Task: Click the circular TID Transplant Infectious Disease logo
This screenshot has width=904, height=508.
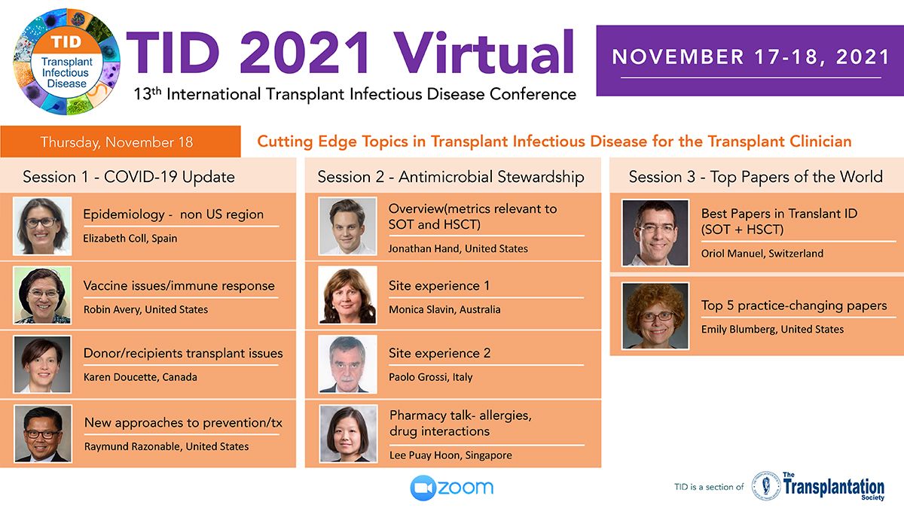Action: point(66,62)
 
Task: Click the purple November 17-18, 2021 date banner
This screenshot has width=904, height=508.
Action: point(750,60)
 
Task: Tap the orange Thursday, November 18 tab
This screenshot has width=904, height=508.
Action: point(121,141)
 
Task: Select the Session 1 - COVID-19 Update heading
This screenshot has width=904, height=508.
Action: point(129,177)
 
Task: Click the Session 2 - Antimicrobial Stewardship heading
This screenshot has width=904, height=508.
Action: point(450,177)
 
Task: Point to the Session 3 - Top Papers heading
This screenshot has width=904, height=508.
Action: point(756,177)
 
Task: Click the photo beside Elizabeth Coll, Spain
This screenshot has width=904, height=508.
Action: point(42,226)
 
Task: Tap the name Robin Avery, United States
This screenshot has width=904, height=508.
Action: point(145,309)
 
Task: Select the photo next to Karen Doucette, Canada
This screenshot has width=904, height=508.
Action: point(42,364)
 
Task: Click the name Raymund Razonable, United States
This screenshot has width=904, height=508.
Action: point(166,447)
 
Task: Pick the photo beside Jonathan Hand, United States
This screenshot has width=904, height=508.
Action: point(347,226)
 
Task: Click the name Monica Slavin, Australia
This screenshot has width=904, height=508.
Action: point(444,309)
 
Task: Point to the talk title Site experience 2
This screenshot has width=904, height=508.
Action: point(439,353)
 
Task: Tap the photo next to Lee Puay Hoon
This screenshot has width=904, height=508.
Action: point(348,433)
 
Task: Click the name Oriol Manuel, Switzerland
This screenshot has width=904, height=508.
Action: point(762,254)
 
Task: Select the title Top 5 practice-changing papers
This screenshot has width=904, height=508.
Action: point(794,306)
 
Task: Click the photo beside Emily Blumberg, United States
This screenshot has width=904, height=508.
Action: point(655,315)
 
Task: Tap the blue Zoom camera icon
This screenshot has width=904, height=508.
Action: point(423,488)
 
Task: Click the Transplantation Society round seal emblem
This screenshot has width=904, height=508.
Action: point(765,485)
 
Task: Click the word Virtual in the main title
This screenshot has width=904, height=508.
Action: point(483,53)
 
